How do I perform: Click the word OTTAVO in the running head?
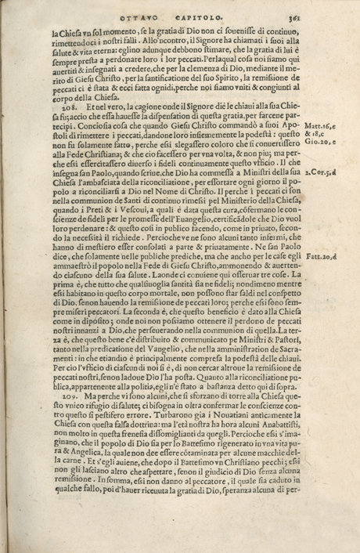tap(139, 17)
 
